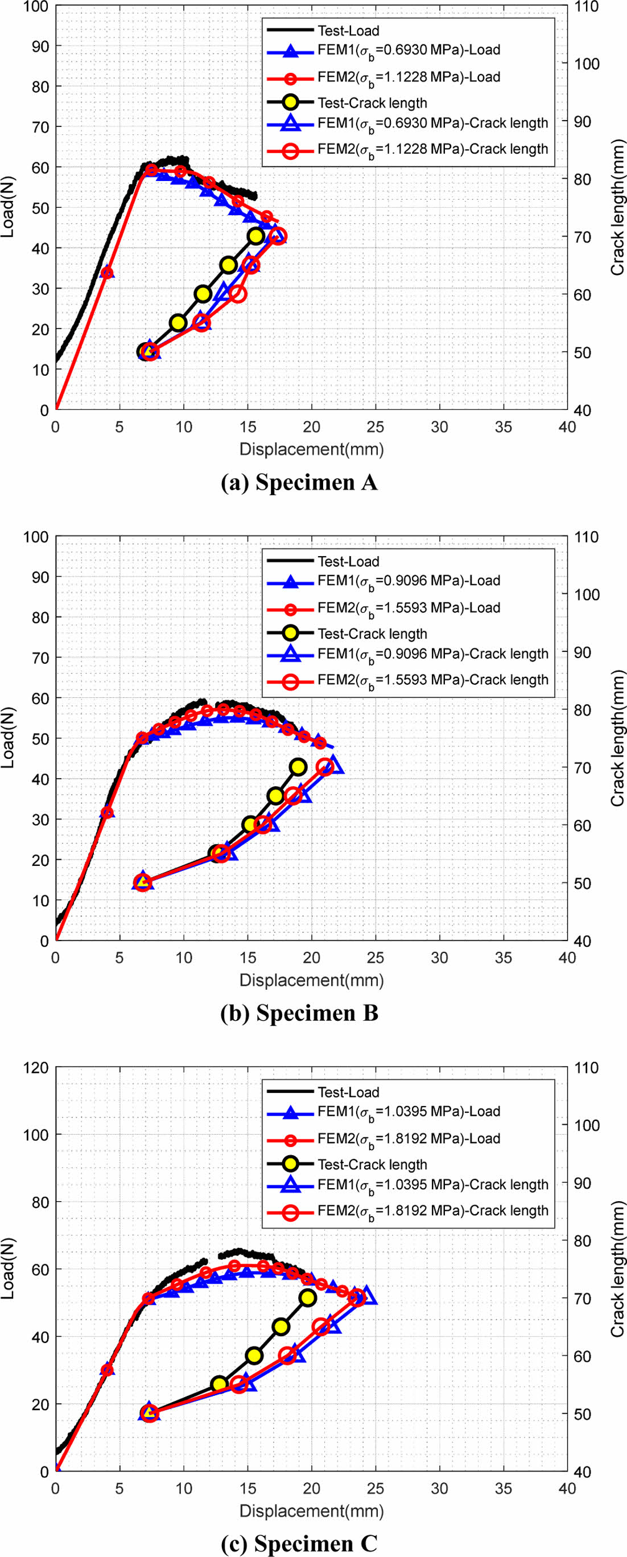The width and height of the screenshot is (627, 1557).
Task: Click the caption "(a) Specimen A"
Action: [299, 482]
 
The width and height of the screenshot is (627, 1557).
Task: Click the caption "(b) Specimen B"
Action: [299, 1013]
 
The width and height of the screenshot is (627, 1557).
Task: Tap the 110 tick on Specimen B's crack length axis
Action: [587, 537]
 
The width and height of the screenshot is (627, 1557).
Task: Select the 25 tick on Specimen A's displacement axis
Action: [375, 427]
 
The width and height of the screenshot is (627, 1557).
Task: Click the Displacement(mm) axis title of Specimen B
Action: [311, 980]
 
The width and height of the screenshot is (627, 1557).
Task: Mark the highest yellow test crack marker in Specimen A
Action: [256, 236]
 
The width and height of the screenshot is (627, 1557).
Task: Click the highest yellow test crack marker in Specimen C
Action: [308, 1298]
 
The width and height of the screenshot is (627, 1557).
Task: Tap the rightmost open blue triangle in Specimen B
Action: [334, 766]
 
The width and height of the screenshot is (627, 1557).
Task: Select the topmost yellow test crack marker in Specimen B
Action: [298, 767]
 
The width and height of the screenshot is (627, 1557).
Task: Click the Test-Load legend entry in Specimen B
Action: [349, 561]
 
